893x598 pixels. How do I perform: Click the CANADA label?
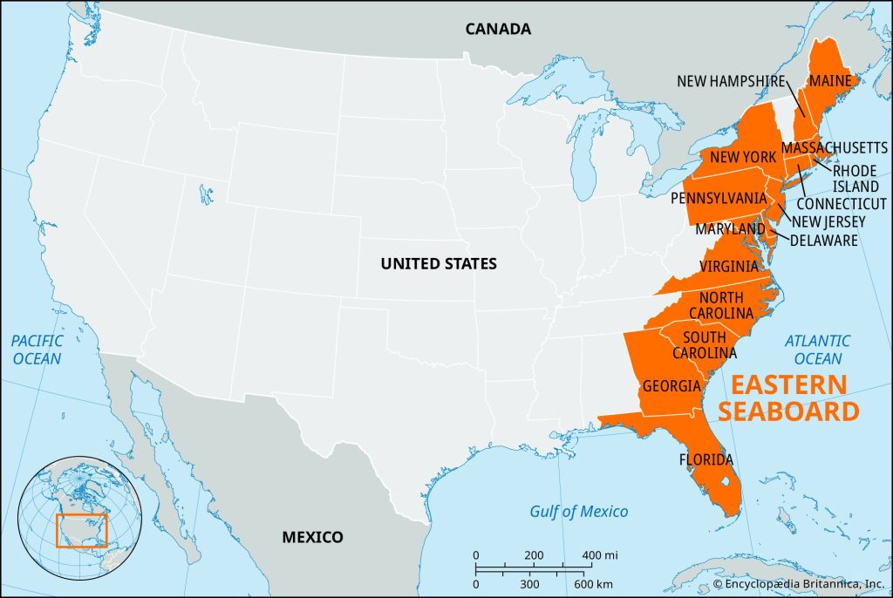[x=497, y=29]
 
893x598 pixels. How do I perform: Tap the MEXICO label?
[x=312, y=537]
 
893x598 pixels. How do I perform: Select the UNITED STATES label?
[x=439, y=263]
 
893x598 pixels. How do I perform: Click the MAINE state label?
[x=831, y=81]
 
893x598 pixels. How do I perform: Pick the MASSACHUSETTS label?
[x=835, y=147]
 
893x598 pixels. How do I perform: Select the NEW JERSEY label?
[x=828, y=221]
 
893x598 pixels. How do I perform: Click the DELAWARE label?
[x=824, y=240]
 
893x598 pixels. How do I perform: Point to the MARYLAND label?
[x=730, y=228]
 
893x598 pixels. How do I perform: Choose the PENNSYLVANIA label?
[x=719, y=198]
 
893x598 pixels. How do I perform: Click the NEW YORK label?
[x=742, y=157]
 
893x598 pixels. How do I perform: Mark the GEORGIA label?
[x=671, y=385]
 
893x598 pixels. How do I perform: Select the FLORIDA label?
[x=706, y=459]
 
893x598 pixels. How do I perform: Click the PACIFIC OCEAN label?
[x=37, y=350]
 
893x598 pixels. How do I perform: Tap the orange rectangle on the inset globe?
[x=81, y=530]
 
